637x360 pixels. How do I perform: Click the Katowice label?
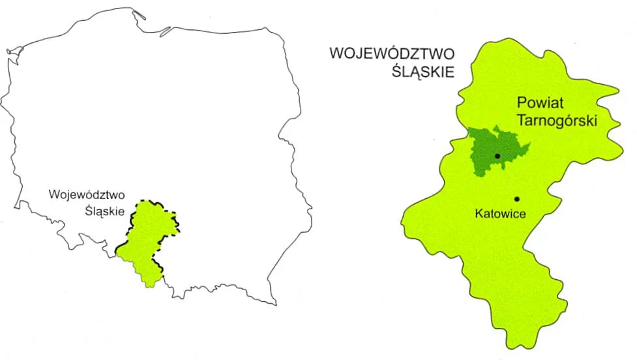500,213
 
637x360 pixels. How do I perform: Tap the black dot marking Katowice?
516,199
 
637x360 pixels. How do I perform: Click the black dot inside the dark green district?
497,156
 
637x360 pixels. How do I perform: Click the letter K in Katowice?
478,213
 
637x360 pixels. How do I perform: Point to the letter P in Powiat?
521,103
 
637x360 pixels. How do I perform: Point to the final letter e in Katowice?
522,213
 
